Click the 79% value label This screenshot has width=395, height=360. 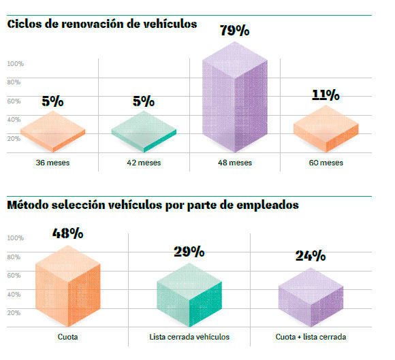pos(235,31)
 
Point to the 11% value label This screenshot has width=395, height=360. pos(326,95)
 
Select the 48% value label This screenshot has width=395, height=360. pos(67,233)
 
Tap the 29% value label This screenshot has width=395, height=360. pos(189,252)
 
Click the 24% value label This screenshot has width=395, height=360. pos(311,256)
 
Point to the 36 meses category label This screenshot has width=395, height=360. pos(52,163)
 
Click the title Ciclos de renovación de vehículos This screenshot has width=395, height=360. pos(102,24)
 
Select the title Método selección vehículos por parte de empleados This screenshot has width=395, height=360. pos(153,204)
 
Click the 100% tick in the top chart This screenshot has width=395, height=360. pos(16,63)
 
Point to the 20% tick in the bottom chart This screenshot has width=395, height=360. pos(14,313)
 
